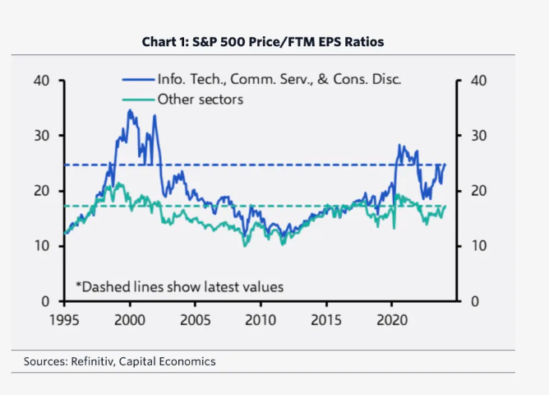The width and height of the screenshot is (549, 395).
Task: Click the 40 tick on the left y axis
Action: click(42, 81)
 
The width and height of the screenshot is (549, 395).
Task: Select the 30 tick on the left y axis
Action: click(42, 136)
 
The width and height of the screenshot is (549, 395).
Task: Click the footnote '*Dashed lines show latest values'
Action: click(179, 286)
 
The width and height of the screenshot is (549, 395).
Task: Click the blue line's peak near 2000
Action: click(129, 109)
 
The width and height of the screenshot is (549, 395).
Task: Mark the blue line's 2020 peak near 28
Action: click(399, 145)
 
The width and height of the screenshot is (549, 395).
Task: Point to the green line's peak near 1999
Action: click(120, 184)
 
